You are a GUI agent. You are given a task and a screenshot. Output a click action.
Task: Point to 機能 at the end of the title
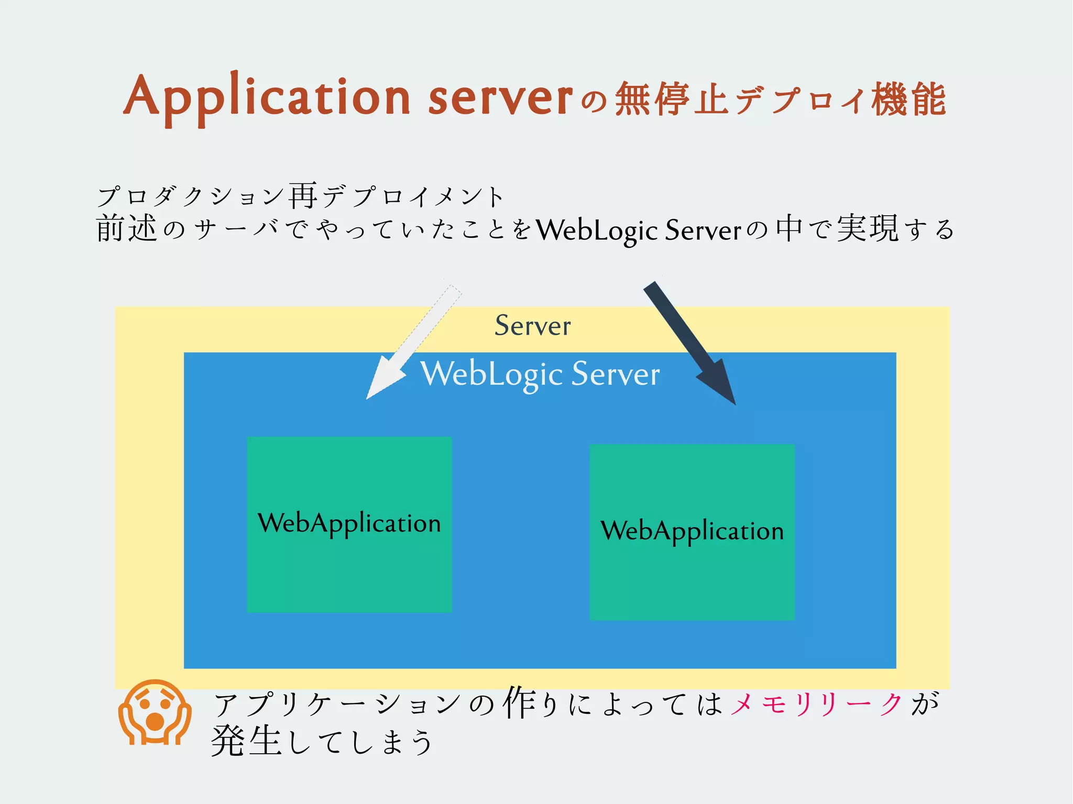pyautogui.click(x=908, y=99)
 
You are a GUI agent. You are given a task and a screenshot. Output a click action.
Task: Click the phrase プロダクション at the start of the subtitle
pyautogui.click(x=191, y=196)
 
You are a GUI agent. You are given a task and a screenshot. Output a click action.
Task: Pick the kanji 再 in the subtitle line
pyautogui.click(x=303, y=196)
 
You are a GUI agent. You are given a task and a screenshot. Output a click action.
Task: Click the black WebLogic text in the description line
pyautogui.click(x=597, y=230)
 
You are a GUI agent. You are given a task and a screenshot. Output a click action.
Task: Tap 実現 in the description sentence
pyautogui.click(x=867, y=229)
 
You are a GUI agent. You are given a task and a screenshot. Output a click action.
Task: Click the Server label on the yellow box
pyautogui.click(x=532, y=326)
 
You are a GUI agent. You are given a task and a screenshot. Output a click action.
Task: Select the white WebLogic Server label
pyautogui.click(x=540, y=374)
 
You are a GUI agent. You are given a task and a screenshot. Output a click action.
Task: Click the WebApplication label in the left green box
pyautogui.click(x=349, y=523)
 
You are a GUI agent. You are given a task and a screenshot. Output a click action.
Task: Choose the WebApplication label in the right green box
pyautogui.click(x=692, y=531)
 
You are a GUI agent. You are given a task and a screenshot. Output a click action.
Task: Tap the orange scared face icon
pyautogui.click(x=155, y=712)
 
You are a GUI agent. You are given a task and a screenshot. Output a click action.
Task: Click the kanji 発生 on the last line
pyautogui.click(x=246, y=741)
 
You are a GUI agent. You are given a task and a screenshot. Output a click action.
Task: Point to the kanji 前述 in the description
pyautogui.click(x=126, y=229)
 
